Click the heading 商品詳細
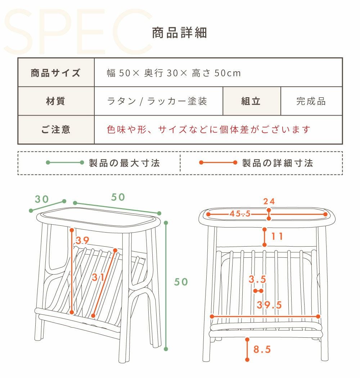(179, 33)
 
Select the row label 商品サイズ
(56, 73)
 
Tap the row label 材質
(56, 101)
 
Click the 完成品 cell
(311, 101)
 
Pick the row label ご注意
(56, 130)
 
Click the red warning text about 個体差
(208, 130)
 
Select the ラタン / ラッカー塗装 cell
(157, 101)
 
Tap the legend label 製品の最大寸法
(125, 163)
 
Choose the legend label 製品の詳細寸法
(278, 163)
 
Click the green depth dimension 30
(42, 199)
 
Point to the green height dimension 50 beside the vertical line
(181, 282)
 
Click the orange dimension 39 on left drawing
(82, 240)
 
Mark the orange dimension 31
(98, 277)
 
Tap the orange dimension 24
(269, 201)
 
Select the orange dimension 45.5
(240, 213)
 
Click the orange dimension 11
(277, 237)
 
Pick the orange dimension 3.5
(257, 279)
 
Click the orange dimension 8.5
(262, 349)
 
